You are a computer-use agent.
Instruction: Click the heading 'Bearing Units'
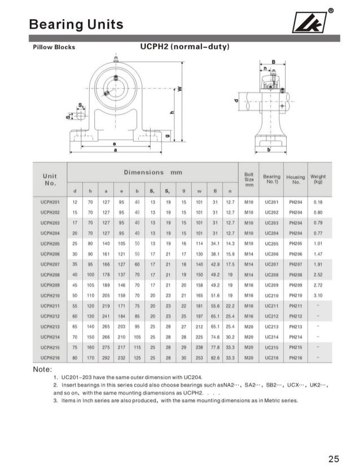(x=76, y=24)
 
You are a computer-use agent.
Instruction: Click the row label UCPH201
(x=51, y=201)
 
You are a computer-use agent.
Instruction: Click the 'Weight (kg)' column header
(x=318, y=179)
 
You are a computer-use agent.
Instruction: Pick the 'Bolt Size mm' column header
(x=249, y=179)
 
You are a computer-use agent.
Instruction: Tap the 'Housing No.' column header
(x=296, y=179)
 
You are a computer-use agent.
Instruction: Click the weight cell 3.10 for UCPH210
(x=318, y=295)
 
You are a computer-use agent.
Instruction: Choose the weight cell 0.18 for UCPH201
(x=318, y=201)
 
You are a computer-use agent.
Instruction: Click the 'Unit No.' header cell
(x=51, y=179)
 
